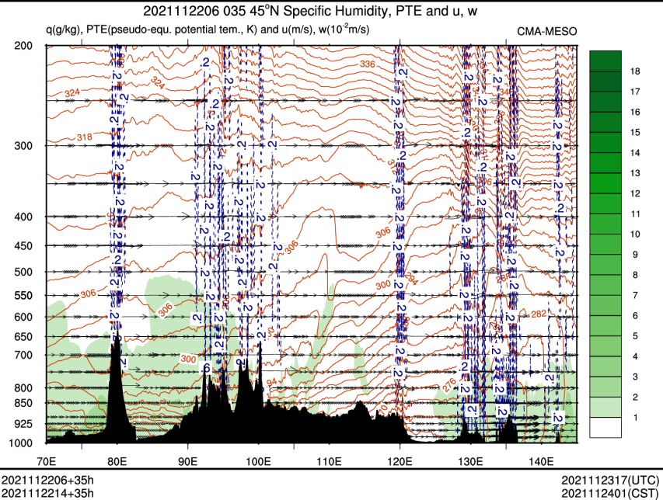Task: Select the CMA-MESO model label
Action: [x=547, y=30]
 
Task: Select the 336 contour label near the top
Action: [x=368, y=64]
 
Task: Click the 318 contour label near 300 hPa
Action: [x=84, y=138]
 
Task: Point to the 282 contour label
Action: [x=539, y=313]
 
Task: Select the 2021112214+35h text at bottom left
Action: [x=48, y=493]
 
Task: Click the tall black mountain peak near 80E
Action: [x=117, y=342]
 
